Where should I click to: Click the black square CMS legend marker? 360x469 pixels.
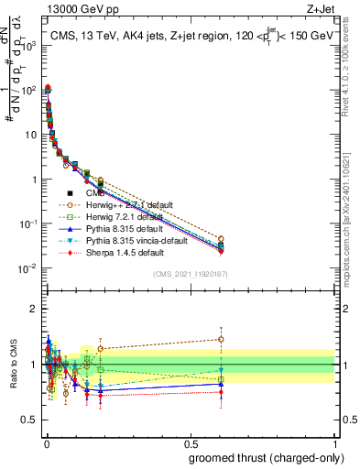(71, 193)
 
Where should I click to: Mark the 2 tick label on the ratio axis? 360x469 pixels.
(34, 308)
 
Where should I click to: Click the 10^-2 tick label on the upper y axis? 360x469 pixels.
(27, 268)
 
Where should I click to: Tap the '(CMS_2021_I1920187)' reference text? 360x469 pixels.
(191, 274)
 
